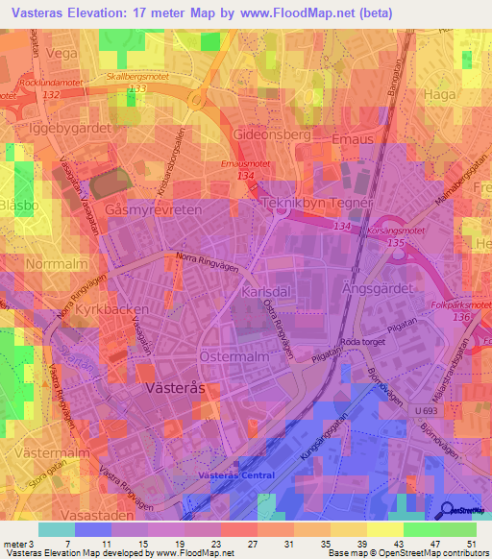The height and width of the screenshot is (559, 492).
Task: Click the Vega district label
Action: click(60, 54)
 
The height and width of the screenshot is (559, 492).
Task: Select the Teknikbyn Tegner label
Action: click(307, 204)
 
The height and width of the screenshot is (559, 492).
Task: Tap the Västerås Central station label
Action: click(236, 475)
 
